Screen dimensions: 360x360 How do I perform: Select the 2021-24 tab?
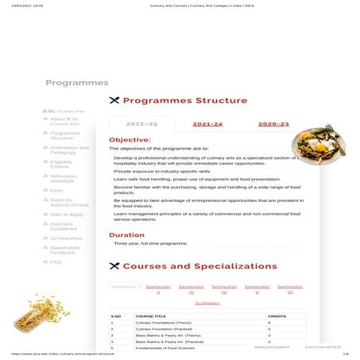207,124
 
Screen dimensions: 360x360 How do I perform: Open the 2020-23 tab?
273,124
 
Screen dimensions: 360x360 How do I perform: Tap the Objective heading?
130,140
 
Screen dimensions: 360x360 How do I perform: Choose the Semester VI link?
290,288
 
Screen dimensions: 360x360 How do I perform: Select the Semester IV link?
224,288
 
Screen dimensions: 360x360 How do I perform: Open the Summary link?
207,303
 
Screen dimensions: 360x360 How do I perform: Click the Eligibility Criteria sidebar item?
61,165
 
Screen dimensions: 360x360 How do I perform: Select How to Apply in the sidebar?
67,214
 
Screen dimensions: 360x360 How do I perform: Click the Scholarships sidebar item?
66,238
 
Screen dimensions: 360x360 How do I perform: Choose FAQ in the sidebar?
56,261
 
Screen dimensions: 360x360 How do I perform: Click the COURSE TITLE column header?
151,316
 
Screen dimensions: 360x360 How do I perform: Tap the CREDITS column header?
277,316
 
